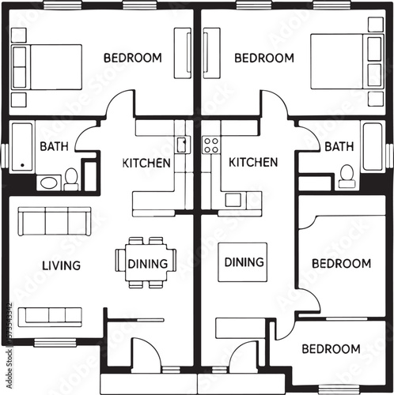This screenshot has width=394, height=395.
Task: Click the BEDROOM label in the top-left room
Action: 133,58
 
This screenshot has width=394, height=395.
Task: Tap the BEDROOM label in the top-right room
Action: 264,58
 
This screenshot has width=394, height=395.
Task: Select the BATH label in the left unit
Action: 54,146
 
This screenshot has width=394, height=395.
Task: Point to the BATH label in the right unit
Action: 339,146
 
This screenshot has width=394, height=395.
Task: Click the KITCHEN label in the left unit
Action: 146,164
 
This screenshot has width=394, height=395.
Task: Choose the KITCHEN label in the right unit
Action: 253,162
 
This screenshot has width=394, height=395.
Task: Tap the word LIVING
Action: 61,265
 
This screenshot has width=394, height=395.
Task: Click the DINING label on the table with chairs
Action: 147,264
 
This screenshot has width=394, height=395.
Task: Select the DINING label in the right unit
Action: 244,261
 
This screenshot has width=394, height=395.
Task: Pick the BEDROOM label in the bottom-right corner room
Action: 331,348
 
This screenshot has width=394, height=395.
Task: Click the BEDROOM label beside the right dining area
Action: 341,263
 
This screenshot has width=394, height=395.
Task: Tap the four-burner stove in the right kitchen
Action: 211,145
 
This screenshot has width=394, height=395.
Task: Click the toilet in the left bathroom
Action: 71,179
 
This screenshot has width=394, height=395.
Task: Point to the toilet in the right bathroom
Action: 347,175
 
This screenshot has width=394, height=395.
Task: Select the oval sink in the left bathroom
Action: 49,182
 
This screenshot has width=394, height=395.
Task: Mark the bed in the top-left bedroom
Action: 47,67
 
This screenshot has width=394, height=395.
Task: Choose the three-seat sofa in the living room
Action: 53,220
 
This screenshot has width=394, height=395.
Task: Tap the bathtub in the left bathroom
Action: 21,146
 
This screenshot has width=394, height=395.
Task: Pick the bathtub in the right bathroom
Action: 372,146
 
